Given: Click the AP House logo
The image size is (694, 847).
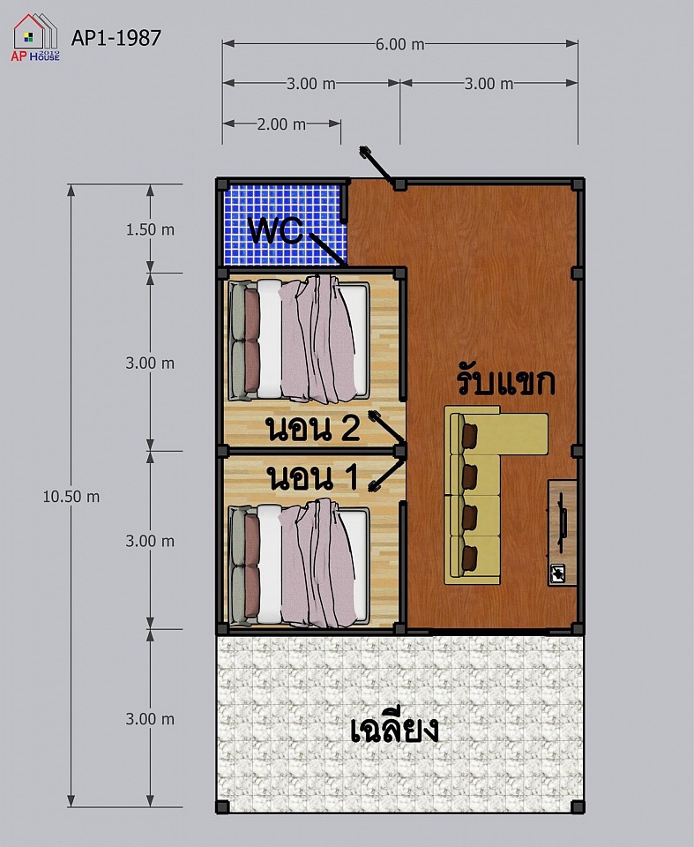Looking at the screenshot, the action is (35, 38).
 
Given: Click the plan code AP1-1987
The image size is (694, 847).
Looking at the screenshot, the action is (116, 38).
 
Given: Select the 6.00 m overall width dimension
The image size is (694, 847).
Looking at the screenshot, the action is (399, 44).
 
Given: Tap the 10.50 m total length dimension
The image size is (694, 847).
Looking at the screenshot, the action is (71, 497).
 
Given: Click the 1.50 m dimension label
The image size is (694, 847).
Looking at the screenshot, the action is (150, 229).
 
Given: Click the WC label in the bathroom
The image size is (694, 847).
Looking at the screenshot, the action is (275, 230).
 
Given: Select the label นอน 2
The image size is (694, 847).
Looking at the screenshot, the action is (313, 429).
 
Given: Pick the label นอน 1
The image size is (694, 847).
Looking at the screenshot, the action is (313, 478).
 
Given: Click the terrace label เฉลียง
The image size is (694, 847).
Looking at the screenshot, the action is (394, 730).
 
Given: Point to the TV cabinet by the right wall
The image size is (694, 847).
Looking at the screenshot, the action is (563, 533).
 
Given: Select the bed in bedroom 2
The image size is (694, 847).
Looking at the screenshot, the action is (299, 339).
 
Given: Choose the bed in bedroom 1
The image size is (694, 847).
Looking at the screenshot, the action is (299, 564).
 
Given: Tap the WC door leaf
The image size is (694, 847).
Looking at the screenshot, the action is (327, 249).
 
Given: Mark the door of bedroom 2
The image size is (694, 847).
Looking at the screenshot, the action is (387, 429).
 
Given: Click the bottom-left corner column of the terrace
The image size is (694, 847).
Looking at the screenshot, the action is (222, 807).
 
